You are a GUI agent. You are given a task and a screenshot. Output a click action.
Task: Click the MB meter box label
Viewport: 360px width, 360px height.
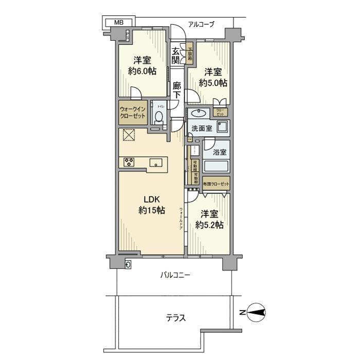119,23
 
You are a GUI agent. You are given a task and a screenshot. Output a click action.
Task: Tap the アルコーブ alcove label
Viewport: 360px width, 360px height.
201,24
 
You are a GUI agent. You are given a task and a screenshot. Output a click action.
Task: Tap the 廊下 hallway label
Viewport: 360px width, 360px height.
177,90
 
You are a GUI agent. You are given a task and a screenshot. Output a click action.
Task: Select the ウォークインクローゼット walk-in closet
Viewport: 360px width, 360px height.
133,113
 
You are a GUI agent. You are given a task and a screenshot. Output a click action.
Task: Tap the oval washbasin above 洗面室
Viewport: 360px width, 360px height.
198,113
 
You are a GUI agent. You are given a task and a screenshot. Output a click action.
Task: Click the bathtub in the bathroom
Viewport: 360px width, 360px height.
216,167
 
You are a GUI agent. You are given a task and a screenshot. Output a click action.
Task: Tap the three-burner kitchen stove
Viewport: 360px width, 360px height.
129,163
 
